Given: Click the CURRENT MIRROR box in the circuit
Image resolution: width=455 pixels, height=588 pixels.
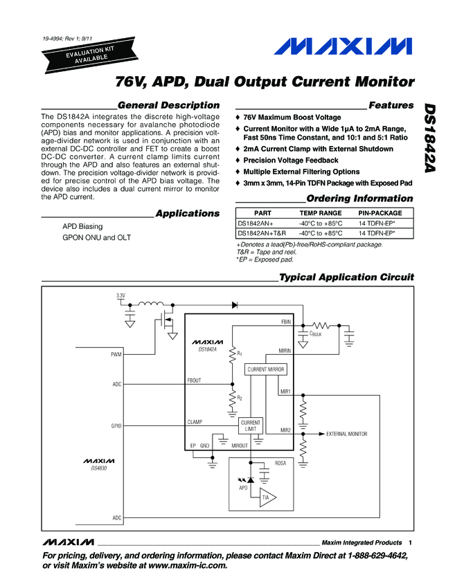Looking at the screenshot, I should (x=267, y=370).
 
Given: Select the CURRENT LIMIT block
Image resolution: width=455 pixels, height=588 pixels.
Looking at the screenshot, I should (x=251, y=426).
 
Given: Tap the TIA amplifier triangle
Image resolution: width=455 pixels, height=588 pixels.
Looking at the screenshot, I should (x=266, y=497).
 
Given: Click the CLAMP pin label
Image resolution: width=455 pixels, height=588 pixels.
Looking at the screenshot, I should (x=195, y=421).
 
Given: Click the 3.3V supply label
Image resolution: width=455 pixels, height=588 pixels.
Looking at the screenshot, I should (x=121, y=296).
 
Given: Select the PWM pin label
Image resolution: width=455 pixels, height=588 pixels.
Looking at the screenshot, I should (x=116, y=354).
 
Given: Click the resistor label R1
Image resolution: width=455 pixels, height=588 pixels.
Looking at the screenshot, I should (x=240, y=353).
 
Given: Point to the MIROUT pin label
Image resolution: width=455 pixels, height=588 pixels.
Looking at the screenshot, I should (x=240, y=446).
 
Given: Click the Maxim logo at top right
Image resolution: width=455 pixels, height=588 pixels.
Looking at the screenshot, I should (x=341, y=47).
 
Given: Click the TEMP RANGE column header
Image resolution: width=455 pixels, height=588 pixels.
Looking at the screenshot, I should (x=320, y=213).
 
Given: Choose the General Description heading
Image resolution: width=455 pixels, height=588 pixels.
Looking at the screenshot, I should (x=169, y=105).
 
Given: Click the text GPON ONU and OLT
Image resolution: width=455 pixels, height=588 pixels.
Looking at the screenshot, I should (x=96, y=238).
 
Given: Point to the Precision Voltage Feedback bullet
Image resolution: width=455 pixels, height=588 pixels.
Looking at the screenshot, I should (x=291, y=160).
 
